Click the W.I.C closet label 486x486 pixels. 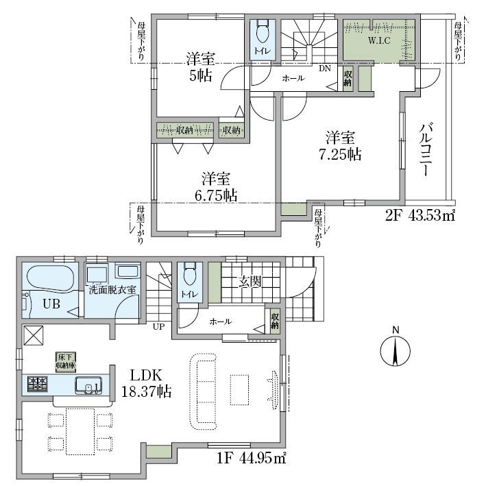[379, 40]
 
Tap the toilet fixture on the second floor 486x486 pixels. [263, 32]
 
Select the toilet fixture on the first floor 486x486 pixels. [190, 274]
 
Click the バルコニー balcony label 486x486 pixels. [426, 149]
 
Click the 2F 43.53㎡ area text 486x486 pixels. [420, 216]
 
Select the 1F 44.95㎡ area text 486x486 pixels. [252, 458]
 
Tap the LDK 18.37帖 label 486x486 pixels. [146, 384]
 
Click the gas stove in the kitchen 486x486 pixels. [37, 384]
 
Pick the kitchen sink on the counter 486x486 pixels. [88, 385]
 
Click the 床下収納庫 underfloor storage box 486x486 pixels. [66, 362]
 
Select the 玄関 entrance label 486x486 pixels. [250, 282]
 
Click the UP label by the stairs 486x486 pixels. [158, 326]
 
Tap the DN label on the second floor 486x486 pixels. [325, 68]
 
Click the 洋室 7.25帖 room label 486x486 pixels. [340, 146]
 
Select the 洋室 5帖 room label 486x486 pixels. [201, 67]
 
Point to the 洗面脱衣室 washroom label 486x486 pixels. [112, 290]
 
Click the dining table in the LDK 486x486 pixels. [80, 431]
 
